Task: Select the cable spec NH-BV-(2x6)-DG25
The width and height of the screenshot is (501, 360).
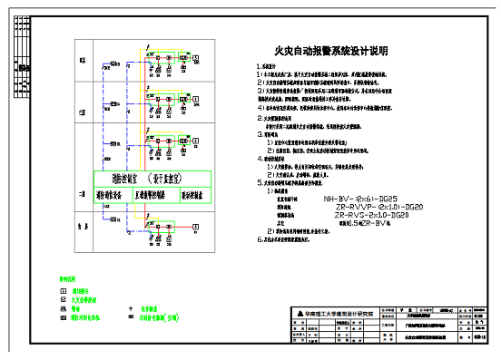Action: tap(360, 197)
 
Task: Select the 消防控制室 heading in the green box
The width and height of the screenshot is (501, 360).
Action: tap(145, 179)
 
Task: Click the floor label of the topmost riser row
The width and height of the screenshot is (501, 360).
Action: tap(82, 61)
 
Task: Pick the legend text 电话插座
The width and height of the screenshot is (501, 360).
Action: tap(150, 308)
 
